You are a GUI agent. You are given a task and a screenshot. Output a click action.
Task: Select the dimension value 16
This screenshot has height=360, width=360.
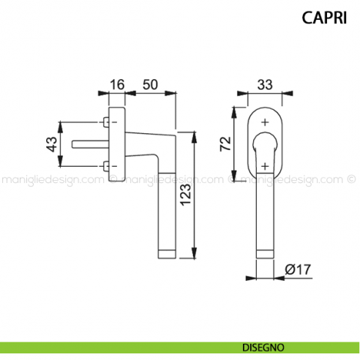point(117,84)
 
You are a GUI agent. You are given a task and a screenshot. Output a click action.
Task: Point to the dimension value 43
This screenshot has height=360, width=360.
point(52,144)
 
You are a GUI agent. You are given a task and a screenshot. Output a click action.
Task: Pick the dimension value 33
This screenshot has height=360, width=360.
point(265,84)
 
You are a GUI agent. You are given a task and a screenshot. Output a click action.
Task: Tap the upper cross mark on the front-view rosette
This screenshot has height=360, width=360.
point(265,121)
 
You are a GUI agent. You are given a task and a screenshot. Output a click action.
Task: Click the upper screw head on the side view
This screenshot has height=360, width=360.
point(108,122)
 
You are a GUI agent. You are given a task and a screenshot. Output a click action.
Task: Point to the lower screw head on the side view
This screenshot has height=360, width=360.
point(108,167)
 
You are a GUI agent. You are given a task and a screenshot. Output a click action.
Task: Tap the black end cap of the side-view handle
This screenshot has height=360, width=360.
point(168,254)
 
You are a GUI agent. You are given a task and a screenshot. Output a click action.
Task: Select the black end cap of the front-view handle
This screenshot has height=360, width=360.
point(265,254)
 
